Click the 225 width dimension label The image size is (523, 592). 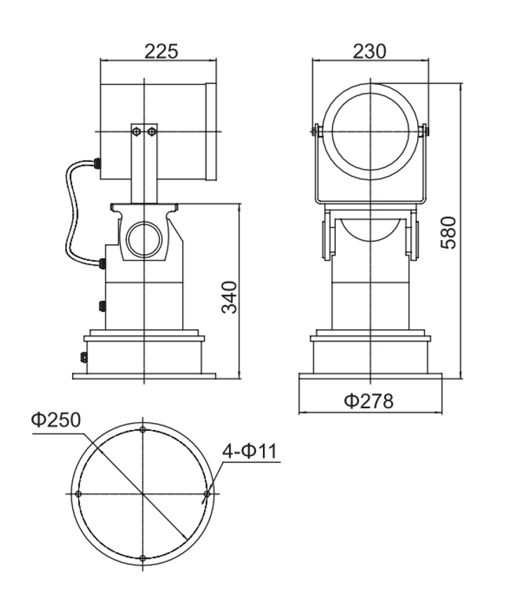click(x=161, y=51)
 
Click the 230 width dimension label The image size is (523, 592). click(x=369, y=51)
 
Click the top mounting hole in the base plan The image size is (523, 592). click(x=142, y=430)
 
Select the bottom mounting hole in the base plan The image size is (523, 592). click(x=142, y=558)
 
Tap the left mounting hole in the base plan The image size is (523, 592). click(x=78, y=495)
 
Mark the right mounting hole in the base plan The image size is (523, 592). click(x=206, y=495)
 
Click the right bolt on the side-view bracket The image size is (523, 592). click(x=151, y=130)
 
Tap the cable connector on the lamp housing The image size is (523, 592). click(x=97, y=164)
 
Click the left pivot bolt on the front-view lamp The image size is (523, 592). click(x=316, y=130)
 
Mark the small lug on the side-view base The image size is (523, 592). click(x=83, y=358)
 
